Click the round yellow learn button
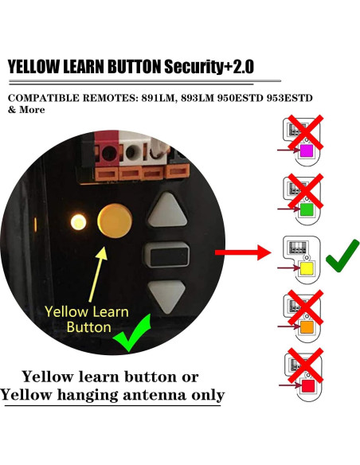pos(114,219)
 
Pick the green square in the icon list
pos(305,209)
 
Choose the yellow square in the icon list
pos(305,269)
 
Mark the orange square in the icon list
pos(305,326)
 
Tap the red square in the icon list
pos(305,386)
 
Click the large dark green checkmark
pos(341,255)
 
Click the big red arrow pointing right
pos(243,254)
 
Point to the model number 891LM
pos(163,98)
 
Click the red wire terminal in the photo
pos(103,149)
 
